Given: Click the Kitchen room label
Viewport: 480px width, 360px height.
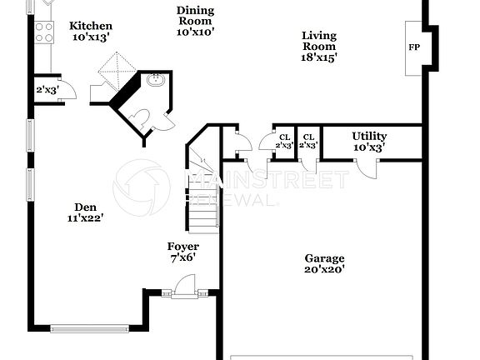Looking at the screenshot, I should tap(90, 26).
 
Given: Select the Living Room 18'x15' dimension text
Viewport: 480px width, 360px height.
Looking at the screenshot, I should tap(318, 58).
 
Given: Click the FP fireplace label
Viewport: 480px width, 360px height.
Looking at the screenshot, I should tap(413, 47).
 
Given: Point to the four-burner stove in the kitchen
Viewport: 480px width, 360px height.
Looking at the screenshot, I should tap(44, 32).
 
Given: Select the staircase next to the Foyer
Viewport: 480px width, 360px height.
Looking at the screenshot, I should tap(202, 196).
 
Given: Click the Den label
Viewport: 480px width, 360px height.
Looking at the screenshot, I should tap(85, 207).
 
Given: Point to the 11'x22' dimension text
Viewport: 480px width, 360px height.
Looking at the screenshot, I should tap(85, 218).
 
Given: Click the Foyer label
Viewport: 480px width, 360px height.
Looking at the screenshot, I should tap(182, 247).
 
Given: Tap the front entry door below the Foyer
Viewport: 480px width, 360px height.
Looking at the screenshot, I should tap(185, 287).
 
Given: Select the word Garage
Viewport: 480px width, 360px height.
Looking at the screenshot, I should tap(324, 258).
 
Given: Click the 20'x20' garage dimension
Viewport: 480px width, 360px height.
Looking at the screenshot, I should tap(324, 269).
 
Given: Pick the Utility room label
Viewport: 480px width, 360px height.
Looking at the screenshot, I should tap(368, 136).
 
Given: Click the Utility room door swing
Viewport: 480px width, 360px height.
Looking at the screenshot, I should tap(365, 167).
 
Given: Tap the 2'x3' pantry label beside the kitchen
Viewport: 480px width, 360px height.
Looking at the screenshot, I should tap(46, 90).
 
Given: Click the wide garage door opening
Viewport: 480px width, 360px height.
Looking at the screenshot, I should tap(321, 357).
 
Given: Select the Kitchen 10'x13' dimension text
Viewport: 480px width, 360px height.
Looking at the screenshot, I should tap(90, 37).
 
